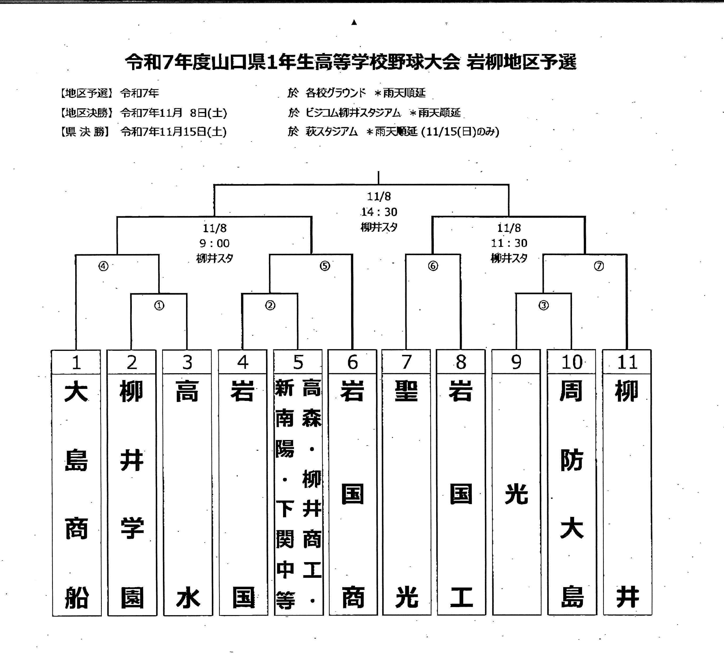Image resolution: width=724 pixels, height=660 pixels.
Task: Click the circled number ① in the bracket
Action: pos(159,306)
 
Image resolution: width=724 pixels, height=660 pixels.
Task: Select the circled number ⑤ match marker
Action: pos(325,266)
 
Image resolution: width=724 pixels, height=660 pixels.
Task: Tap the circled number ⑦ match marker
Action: pos(599,266)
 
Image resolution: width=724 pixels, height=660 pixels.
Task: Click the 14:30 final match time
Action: pos(379,212)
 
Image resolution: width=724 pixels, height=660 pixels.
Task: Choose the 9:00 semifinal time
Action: pos(214,243)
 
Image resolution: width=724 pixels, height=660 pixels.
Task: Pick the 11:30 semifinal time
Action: pos(509,243)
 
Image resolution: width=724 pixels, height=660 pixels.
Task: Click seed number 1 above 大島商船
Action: pos(76,362)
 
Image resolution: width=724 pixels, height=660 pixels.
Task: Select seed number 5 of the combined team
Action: pos(298,362)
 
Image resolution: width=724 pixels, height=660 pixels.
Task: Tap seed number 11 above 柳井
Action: pos(627,362)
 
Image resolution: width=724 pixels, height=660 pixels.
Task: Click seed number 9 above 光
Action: pos(516,362)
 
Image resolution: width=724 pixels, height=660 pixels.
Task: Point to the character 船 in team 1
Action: pos(77,598)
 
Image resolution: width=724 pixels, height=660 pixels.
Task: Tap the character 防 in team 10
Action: pos(571,460)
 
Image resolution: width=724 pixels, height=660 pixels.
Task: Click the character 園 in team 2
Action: pos(132,598)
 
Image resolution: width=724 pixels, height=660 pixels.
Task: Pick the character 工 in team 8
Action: pos(461,597)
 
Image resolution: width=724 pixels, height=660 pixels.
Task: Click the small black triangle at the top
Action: pos(354,23)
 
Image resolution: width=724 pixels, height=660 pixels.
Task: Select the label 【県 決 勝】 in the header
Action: pos(85,132)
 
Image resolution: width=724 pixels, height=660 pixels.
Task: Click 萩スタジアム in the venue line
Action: pos(331,132)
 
